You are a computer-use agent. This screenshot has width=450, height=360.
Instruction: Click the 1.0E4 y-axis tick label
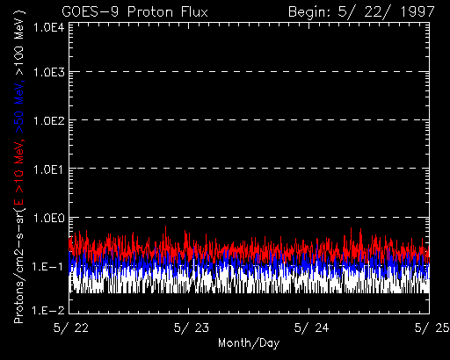point(49,28)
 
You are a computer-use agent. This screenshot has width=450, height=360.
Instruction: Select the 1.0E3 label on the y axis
point(49,72)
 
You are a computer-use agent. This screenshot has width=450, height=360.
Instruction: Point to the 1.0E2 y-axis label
point(49,120)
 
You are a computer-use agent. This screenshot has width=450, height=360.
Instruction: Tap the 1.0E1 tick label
point(49,169)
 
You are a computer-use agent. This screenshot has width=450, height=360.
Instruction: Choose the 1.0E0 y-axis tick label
point(49,218)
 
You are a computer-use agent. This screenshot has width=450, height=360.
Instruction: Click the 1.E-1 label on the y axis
point(47,267)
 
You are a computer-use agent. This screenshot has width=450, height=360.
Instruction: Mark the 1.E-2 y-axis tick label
point(47,310)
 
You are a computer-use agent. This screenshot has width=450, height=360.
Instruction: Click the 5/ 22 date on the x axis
point(71,328)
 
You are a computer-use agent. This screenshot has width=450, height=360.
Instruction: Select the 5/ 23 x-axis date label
point(192,328)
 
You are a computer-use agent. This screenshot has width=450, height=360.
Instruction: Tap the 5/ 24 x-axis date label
point(311,328)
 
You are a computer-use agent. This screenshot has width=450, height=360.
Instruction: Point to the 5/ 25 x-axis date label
point(432,328)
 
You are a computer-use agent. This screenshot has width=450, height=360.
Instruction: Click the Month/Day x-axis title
point(249,343)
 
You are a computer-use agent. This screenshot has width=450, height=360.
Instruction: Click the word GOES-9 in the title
point(91,12)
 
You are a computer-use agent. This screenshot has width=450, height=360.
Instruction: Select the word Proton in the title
point(150,12)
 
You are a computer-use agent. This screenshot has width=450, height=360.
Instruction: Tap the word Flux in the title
point(194,12)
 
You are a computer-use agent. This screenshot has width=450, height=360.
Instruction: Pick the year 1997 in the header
point(417,12)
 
